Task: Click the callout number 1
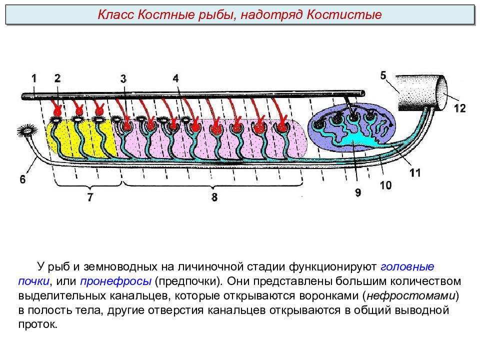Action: coord(34,78)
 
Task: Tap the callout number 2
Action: coord(57,78)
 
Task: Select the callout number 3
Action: coord(123,79)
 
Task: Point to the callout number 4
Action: coord(175,78)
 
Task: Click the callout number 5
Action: coord(383,75)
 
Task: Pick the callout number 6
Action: coord(22,179)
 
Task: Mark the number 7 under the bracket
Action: coord(90,197)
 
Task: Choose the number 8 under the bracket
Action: coord(214,197)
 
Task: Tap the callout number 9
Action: coord(358,192)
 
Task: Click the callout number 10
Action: coord(385,185)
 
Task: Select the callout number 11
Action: coord(415,172)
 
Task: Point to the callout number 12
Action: coord(460,108)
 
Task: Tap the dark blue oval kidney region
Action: coord(352,125)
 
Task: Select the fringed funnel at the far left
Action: coord(27,130)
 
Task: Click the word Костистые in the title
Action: coord(344,14)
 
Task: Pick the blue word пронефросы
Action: coord(115,281)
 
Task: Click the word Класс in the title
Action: coord(115,14)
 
